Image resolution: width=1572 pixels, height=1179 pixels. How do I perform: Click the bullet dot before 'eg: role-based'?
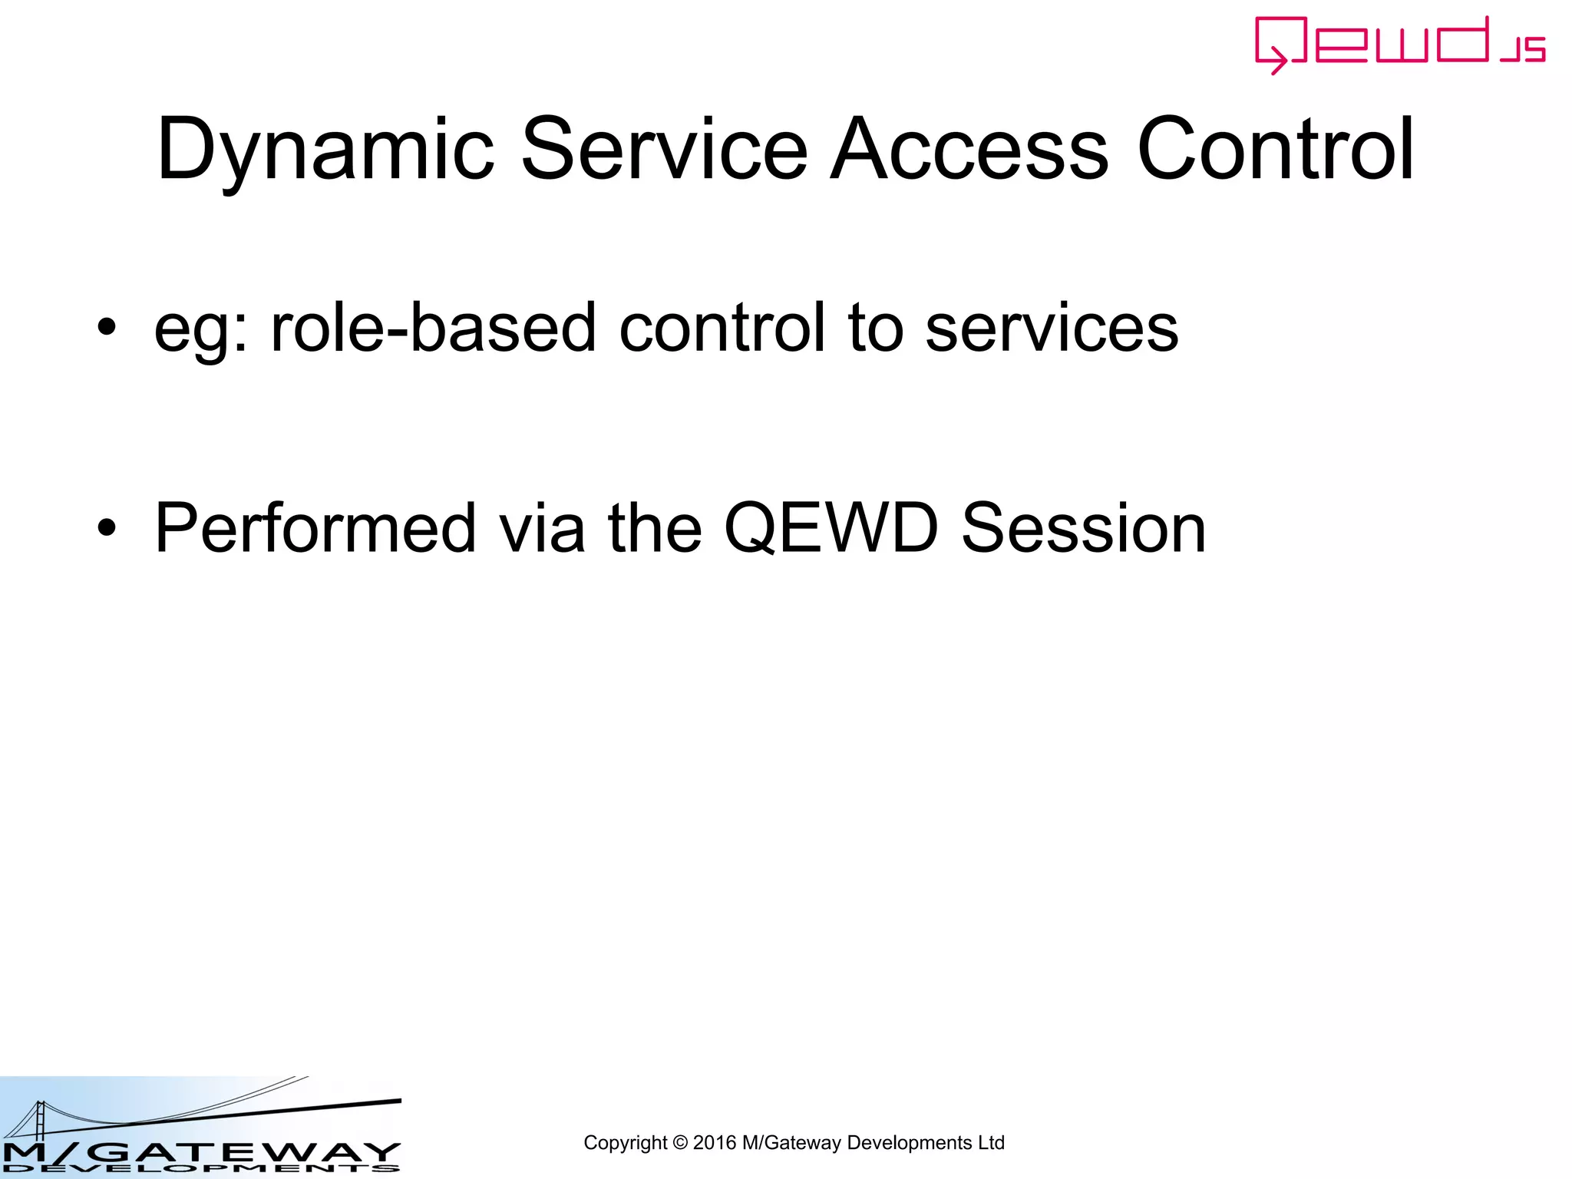pos(107,329)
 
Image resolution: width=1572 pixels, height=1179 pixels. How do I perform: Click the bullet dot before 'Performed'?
pos(107,528)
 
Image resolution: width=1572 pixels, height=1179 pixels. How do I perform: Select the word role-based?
pos(434,329)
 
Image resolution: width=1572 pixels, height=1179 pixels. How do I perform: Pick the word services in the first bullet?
pos(1052,329)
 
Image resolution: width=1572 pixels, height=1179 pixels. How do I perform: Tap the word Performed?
pos(315,528)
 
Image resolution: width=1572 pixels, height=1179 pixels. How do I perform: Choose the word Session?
pos(1083,528)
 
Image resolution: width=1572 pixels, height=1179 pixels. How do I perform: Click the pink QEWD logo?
pos(1382,44)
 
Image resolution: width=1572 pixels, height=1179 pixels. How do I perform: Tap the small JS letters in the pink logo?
pos(1524,50)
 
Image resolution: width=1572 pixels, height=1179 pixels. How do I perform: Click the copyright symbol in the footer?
pos(680,1143)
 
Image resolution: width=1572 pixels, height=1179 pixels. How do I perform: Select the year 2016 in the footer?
pos(715,1143)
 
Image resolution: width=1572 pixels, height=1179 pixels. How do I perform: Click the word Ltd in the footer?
pos(991,1143)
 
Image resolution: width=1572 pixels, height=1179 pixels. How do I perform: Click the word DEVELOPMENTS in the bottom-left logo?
pos(201,1169)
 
